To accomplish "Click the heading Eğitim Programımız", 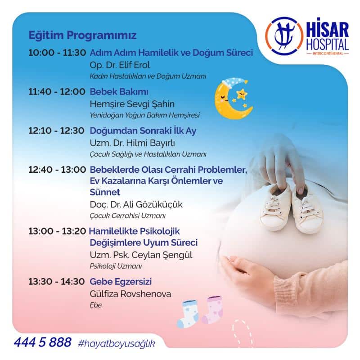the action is [82, 36].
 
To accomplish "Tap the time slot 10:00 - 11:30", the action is [57, 53].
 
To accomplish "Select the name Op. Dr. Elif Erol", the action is [120, 65].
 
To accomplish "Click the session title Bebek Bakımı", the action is [119, 92].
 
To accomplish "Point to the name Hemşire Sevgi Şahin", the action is [132, 104].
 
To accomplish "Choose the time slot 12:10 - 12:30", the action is [57, 130].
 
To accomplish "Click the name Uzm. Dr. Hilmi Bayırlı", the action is [132, 143].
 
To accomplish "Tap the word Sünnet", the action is [105, 192].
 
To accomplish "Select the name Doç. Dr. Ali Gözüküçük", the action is [136, 205].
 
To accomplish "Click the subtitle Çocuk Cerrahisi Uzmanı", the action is [128, 216].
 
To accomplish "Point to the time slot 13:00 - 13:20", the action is [57, 231].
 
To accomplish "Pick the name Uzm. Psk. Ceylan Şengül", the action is [141, 255].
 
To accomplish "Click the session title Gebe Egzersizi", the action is [121, 282].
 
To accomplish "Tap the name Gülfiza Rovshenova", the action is [130, 294].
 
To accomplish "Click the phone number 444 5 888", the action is [43, 342].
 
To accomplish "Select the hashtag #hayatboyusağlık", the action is [117, 344].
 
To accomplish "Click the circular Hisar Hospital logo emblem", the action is [284, 36].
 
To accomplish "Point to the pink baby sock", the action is [212, 310].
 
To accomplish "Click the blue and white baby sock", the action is [188, 314].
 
